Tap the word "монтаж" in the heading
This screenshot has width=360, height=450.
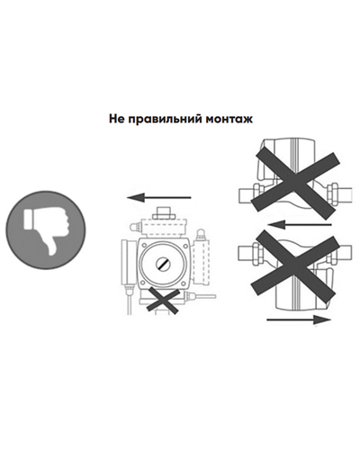pyautogui.click(x=229, y=119)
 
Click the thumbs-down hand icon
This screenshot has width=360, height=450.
pyautogui.click(x=46, y=230)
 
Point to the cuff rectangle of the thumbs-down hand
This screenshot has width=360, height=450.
pyautogui.click(x=27, y=220)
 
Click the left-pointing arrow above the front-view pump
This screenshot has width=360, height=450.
pyautogui.click(x=159, y=198)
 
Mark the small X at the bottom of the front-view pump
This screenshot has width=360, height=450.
pyautogui.click(x=163, y=299)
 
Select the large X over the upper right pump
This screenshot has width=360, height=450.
pyautogui.click(x=295, y=183)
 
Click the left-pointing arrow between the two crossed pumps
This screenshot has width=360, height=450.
pyautogui.click(x=300, y=224)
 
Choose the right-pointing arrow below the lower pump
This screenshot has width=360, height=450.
pyautogui.click(x=299, y=319)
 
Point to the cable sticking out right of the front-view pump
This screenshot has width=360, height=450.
pyautogui.click(x=205, y=296)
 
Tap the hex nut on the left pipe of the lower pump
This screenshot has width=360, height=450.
pyautogui.click(x=258, y=255)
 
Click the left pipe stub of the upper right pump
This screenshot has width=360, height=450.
pyautogui.click(x=246, y=195)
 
